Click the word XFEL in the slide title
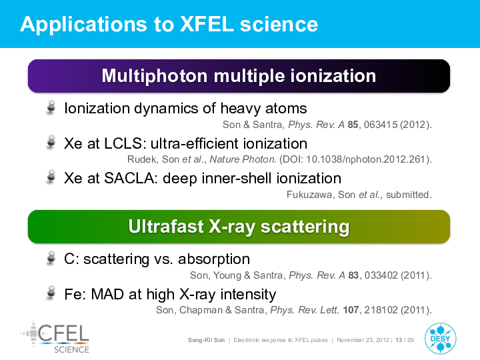pyautogui.click(x=207, y=24)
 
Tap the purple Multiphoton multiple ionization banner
pyautogui.click(x=239, y=76)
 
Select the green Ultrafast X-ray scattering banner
pyautogui.click(x=239, y=227)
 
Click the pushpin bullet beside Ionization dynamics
pyautogui.click(x=51, y=108)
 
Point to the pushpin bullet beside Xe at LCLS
pyautogui.click(x=51, y=143)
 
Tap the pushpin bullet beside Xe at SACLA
pyautogui.click(x=51, y=177)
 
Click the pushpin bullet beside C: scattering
pyautogui.click(x=51, y=259)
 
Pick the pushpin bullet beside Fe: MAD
pyautogui.click(x=51, y=293)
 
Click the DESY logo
pyautogui.click(x=440, y=339)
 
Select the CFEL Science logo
pyautogui.click(x=55, y=337)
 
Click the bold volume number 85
pyautogui.click(x=353, y=125)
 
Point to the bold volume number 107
pyautogui.click(x=351, y=310)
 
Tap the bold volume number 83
pyautogui.click(x=353, y=275)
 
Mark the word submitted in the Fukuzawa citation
pyautogui.click(x=407, y=195)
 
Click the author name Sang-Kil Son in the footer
pyautogui.click(x=206, y=340)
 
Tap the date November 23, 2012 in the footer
pyautogui.click(x=363, y=340)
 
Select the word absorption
pyautogui.click(x=214, y=259)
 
